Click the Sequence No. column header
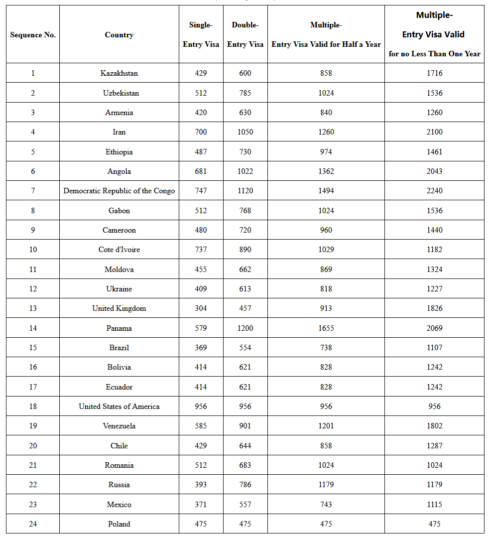33,35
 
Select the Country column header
119,35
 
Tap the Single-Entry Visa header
201,35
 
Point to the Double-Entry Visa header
245,35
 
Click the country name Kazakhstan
119,73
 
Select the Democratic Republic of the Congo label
119,191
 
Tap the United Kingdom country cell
119,308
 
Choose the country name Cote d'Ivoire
119,250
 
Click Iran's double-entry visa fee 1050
245,132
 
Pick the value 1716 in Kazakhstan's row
434,73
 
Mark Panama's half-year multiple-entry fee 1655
326,328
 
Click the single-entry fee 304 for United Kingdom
201,308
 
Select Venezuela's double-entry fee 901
245,426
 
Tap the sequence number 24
33,524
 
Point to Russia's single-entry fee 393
201,485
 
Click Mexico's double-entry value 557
245,505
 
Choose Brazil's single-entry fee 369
201,348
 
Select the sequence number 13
33,308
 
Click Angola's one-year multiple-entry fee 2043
434,171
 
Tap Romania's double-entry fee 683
245,465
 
